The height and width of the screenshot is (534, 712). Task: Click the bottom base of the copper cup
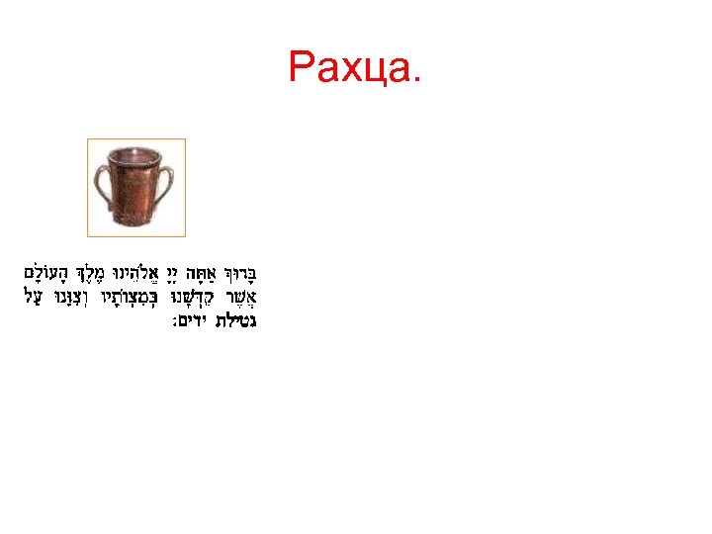pos(136,225)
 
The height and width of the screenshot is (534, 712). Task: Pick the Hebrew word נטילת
pos(241,321)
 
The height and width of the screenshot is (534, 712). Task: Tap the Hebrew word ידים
pos(196,321)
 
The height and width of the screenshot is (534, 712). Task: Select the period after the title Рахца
pos(416,79)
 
